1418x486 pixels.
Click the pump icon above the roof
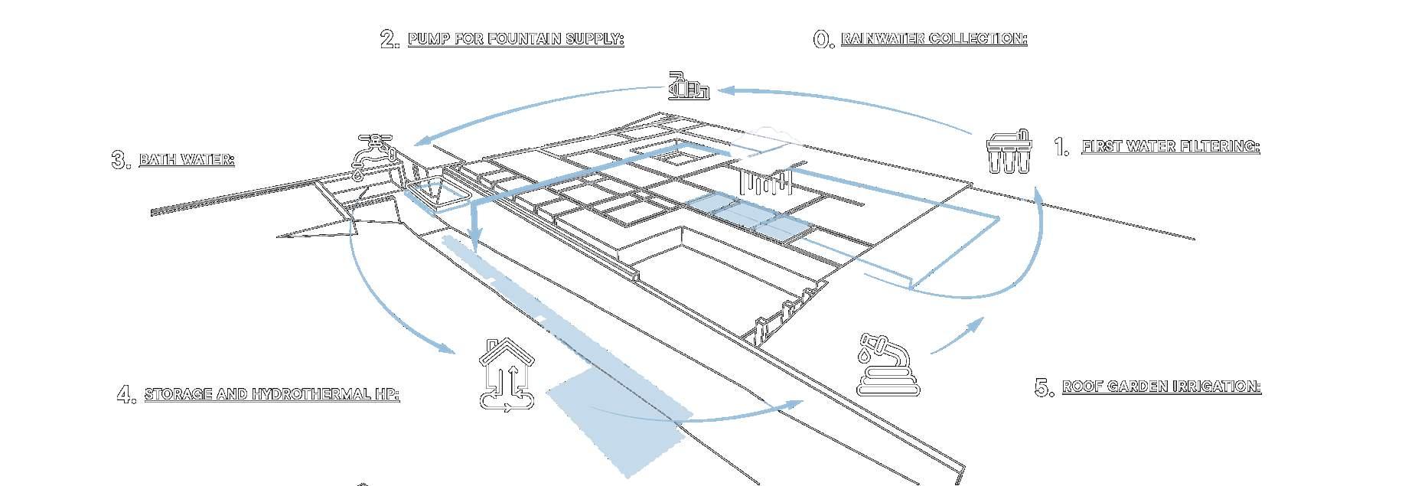689,86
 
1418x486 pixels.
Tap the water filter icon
1009,152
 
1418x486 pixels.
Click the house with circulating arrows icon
507,375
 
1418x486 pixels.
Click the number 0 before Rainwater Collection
823,40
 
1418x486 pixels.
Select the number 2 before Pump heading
390,40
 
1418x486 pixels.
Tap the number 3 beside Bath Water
121,161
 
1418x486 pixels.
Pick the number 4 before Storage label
126,395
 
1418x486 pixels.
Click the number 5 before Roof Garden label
1044,388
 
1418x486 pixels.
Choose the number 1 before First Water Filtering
1061,147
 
